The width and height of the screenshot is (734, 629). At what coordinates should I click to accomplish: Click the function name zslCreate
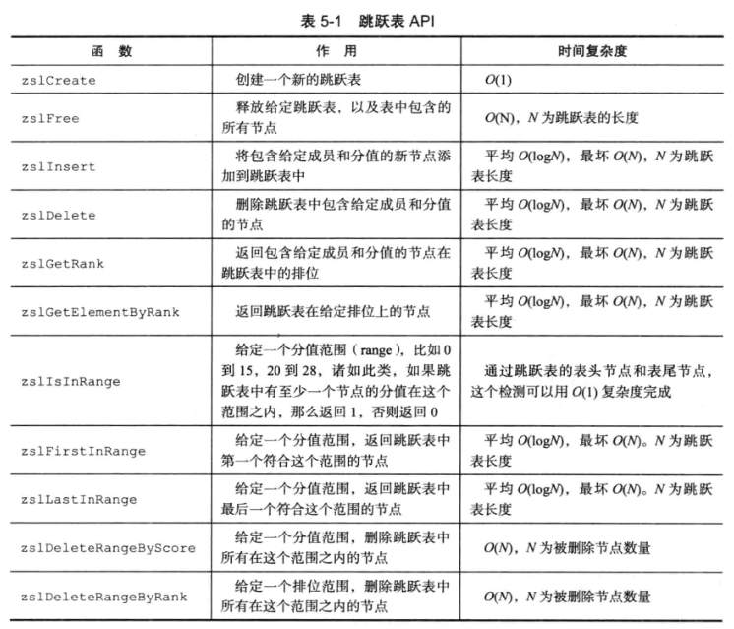point(57,80)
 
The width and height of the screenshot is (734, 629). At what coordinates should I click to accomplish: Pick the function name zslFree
point(49,118)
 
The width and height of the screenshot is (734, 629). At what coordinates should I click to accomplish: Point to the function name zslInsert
point(57,166)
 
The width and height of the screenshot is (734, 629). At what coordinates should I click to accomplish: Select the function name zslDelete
point(57,215)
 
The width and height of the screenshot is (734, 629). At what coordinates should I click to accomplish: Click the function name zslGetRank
point(61,263)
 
